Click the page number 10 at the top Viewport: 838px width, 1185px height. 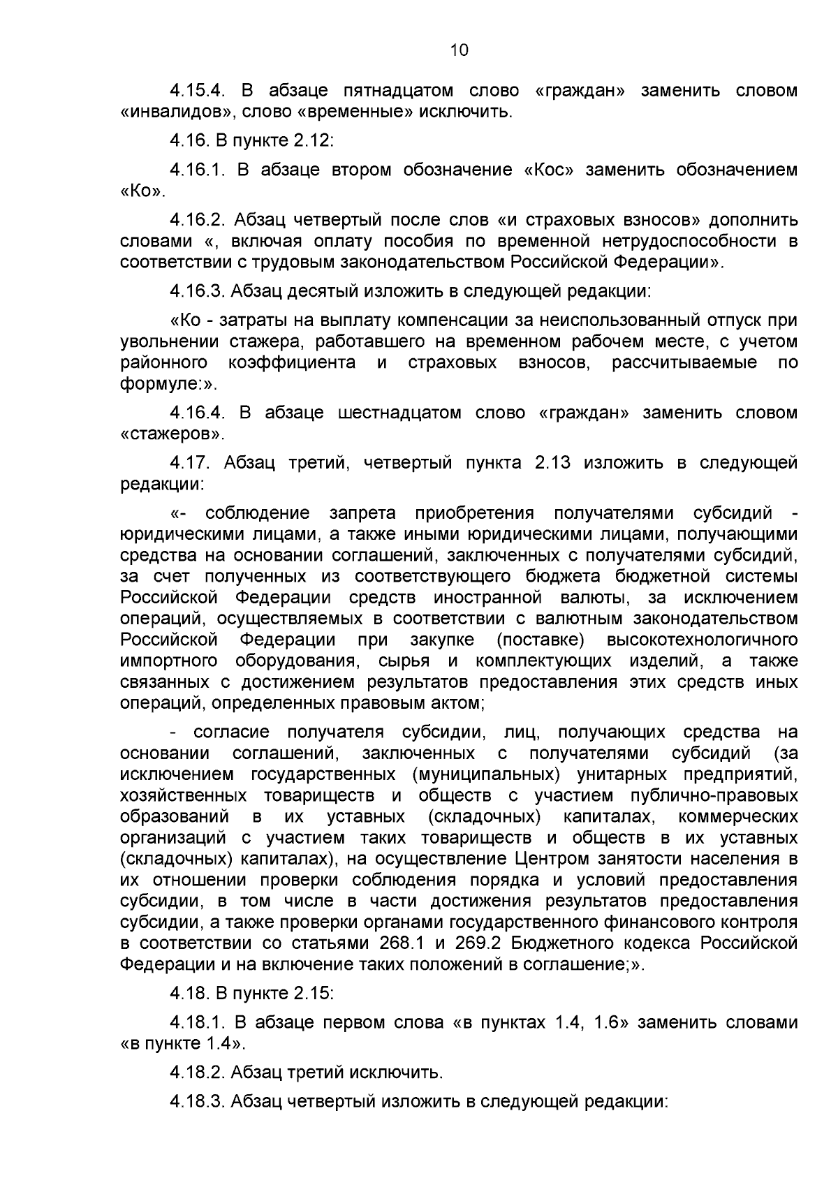point(460,50)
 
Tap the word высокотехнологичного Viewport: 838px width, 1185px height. point(703,640)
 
